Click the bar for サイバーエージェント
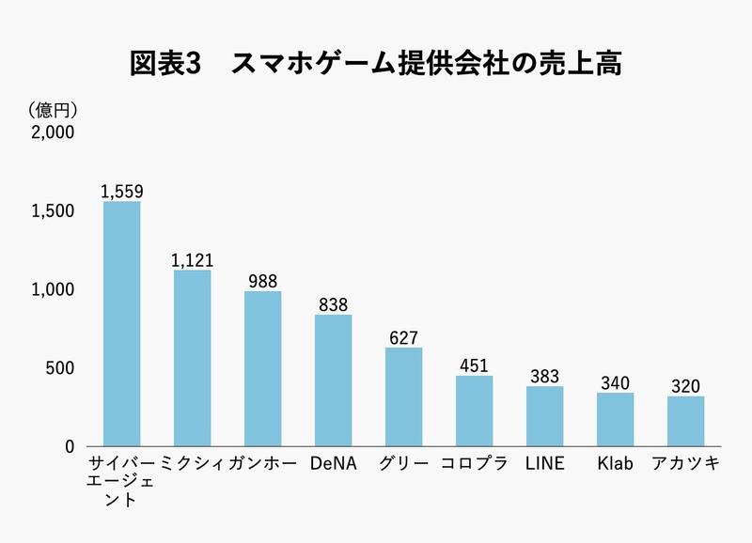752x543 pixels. point(121,324)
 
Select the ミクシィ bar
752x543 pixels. point(192,358)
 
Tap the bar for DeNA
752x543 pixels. point(333,380)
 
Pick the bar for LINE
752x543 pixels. point(544,416)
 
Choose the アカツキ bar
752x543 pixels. point(685,421)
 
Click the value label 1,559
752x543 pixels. point(121,192)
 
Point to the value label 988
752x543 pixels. point(262,281)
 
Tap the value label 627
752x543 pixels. point(403,337)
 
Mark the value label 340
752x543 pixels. point(615,382)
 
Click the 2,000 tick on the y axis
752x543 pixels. point(53,132)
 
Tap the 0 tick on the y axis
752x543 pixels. point(69,446)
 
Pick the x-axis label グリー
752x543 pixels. point(404,463)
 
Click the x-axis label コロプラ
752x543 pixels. point(474,463)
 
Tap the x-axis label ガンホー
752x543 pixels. point(262,463)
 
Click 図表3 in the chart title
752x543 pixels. point(164,65)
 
